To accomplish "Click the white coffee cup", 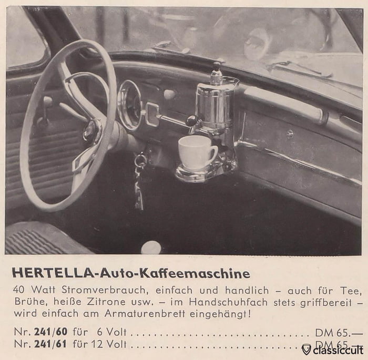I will click(x=196, y=152).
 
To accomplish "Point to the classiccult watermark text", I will click(x=337, y=349).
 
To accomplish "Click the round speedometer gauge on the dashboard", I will click(x=129, y=105).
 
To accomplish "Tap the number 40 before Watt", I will click(x=19, y=290).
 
